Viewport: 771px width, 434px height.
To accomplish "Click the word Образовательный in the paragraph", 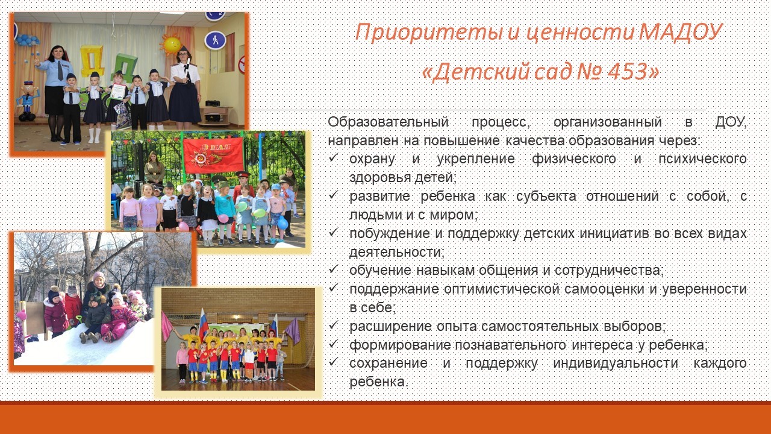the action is pos(388,122).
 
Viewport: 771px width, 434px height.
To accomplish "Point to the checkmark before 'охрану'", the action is pos(333,158).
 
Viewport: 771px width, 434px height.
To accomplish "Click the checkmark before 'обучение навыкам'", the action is pos(333,269).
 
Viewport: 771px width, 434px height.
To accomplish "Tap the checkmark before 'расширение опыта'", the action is pos(333,325).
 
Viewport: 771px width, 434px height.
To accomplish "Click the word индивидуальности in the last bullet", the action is pos(616,363).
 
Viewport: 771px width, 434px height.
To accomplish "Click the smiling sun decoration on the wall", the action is pos(171,45).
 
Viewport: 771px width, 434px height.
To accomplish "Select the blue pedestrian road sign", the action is pos(215,40).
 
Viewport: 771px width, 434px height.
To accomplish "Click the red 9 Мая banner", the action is pos(213,156).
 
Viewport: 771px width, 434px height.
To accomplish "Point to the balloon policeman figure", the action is pos(28,101).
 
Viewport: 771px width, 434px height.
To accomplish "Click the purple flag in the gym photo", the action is pos(293,331).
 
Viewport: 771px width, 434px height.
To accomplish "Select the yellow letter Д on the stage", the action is pos(92,61).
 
